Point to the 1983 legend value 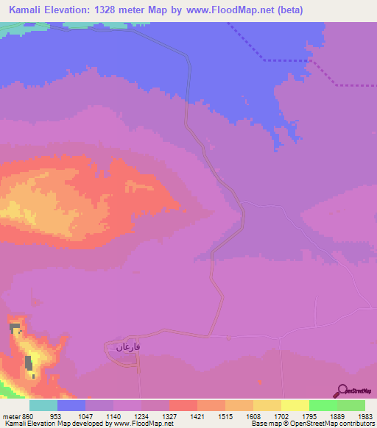(363, 415)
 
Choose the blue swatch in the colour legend (71, 405)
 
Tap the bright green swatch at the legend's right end (350, 405)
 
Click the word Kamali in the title (26, 10)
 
